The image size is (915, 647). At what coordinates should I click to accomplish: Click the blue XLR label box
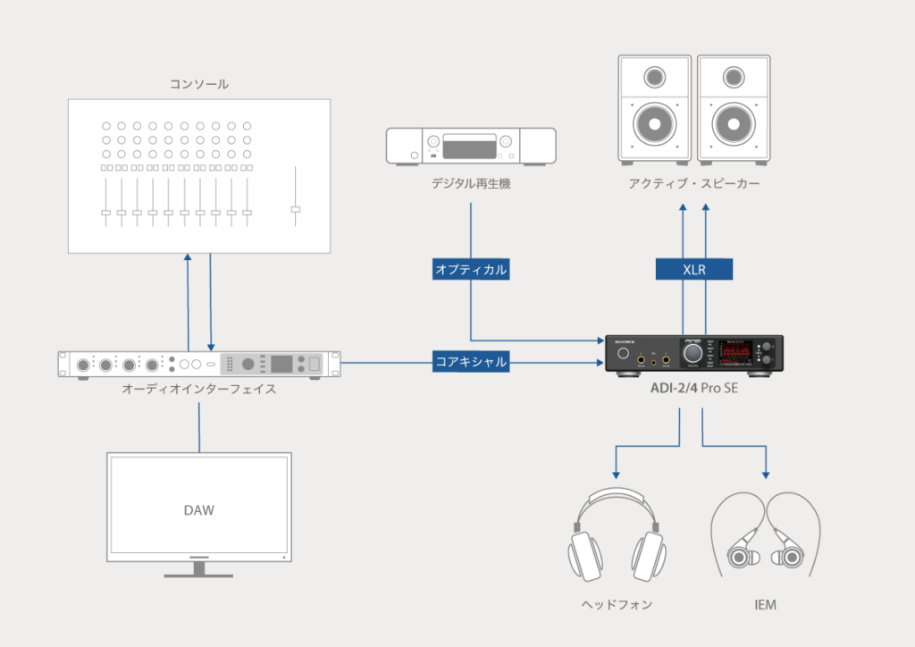(694, 269)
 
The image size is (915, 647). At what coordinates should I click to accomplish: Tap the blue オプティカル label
(471, 269)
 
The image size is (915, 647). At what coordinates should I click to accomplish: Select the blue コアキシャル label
(471, 362)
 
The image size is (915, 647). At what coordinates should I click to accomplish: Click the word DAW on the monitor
(198, 510)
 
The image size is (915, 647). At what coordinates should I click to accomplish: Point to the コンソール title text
(198, 84)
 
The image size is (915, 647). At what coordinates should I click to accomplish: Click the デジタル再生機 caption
(470, 184)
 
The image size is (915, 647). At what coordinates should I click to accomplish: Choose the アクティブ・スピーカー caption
(694, 184)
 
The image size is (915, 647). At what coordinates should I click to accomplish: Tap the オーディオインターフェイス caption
(198, 391)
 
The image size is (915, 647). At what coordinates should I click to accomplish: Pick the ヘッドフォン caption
(616, 605)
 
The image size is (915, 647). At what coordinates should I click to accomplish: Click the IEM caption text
(765, 605)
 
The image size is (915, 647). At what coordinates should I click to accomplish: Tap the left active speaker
(655, 108)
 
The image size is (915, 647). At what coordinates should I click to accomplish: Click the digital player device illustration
(470, 146)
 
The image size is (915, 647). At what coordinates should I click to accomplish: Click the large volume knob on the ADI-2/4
(693, 355)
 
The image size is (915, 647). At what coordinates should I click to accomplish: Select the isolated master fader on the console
(296, 209)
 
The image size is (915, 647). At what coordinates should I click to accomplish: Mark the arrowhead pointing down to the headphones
(616, 474)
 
